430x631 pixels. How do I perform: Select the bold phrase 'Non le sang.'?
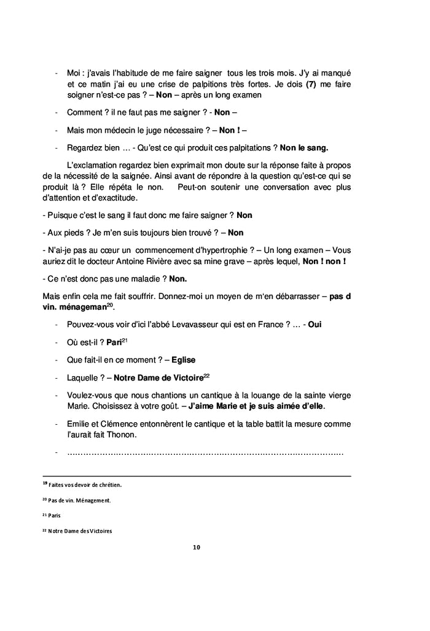[303, 147]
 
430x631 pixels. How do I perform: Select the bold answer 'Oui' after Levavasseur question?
[314, 324]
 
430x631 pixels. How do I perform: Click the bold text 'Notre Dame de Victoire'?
[158, 377]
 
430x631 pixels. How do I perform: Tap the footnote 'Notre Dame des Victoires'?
[80, 532]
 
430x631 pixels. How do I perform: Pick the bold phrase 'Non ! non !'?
[324, 261]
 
